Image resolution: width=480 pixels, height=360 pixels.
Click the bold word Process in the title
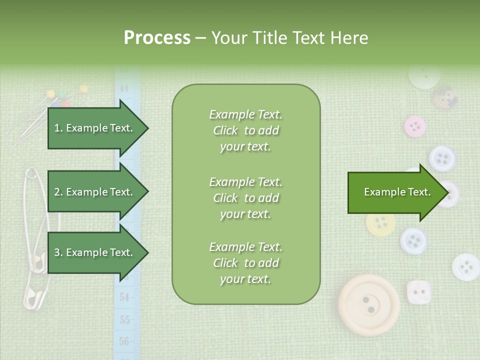(157, 38)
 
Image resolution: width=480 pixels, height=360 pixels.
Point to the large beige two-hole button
(368, 304)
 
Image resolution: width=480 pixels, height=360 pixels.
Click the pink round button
(414, 126)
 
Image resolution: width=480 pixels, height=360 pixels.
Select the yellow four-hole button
(380, 222)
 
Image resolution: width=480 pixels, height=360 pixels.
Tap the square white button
(418, 292)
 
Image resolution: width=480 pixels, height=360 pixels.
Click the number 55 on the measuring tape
(124, 319)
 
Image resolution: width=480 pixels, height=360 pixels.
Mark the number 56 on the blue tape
(124, 342)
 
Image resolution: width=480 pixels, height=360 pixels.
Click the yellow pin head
(83, 89)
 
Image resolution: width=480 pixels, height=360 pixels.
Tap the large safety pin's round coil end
(31, 173)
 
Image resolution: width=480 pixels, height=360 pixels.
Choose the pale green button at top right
(424, 75)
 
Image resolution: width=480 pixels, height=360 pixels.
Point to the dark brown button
(443, 97)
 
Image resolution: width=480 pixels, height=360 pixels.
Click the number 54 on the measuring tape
(124, 297)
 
